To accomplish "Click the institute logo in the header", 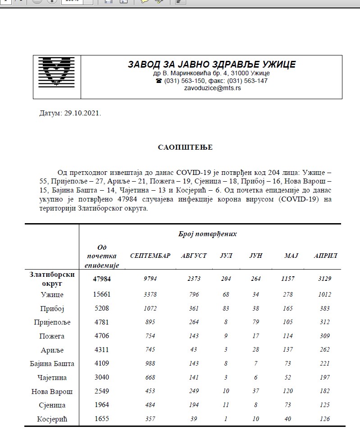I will tap(56, 71).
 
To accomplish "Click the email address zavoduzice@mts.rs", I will tap(212, 88).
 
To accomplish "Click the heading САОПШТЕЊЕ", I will tap(185, 147).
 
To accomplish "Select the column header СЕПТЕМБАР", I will tap(150, 256).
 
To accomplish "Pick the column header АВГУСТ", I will tap(194, 256).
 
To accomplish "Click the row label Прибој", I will tap(53, 308).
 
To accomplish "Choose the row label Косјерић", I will tap(53, 419).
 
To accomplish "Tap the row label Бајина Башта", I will tap(53, 364).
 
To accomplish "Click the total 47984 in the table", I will tap(101, 279).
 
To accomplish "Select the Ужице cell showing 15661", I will tap(101, 294).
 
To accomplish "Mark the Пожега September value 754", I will tap(150, 336).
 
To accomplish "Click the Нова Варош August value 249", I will tap(194, 391).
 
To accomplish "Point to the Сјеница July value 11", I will tap(226, 405).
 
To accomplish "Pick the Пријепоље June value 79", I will tap(255, 322).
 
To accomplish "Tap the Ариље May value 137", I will tap(288, 350).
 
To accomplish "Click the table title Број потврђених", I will tap(211, 234).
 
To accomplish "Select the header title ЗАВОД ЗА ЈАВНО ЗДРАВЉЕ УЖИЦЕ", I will tap(212, 64).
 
